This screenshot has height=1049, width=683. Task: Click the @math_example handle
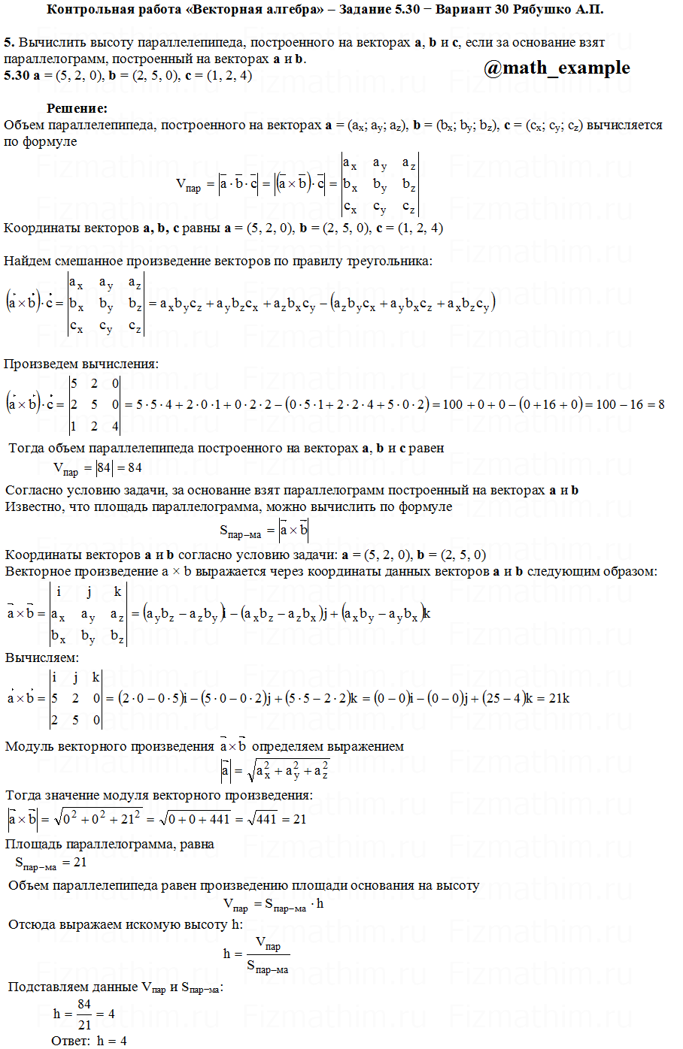(557, 68)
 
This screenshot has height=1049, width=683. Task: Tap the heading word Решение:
(77, 108)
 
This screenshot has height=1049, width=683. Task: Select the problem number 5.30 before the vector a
(17, 75)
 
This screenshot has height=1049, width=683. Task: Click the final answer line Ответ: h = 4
(89, 1041)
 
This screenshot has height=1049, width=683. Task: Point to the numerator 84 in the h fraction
(84, 1004)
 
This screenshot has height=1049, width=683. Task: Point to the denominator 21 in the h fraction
(84, 1024)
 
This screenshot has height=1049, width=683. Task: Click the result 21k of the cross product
(559, 698)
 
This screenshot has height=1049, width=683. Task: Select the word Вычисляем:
(42, 658)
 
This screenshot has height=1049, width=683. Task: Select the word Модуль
(28, 746)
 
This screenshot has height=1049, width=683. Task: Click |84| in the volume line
(104, 467)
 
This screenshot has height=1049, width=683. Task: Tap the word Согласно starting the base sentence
(35, 490)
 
